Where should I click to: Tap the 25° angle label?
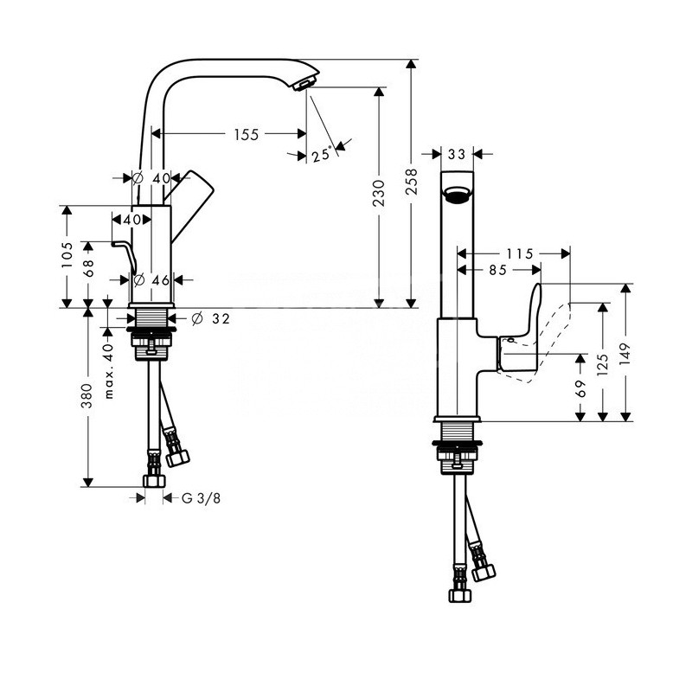click(x=321, y=155)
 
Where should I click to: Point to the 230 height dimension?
click(x=378, y=198)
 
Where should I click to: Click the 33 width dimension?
click(x=458, y=154)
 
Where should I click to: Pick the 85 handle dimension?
click(x=497, y=270)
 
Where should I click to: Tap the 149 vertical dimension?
click(x=626, y=353)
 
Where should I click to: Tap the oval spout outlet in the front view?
click(x=458, y=195)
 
